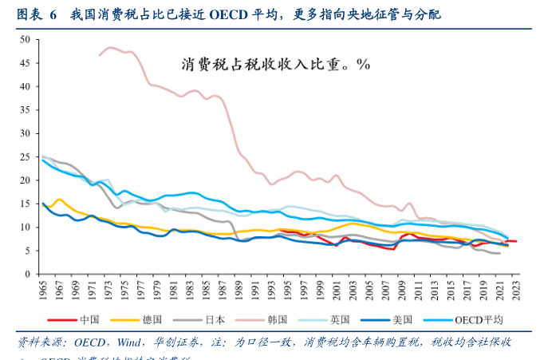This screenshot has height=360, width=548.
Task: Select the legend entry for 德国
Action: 144,320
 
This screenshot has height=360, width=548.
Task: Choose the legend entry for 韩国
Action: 269,320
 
